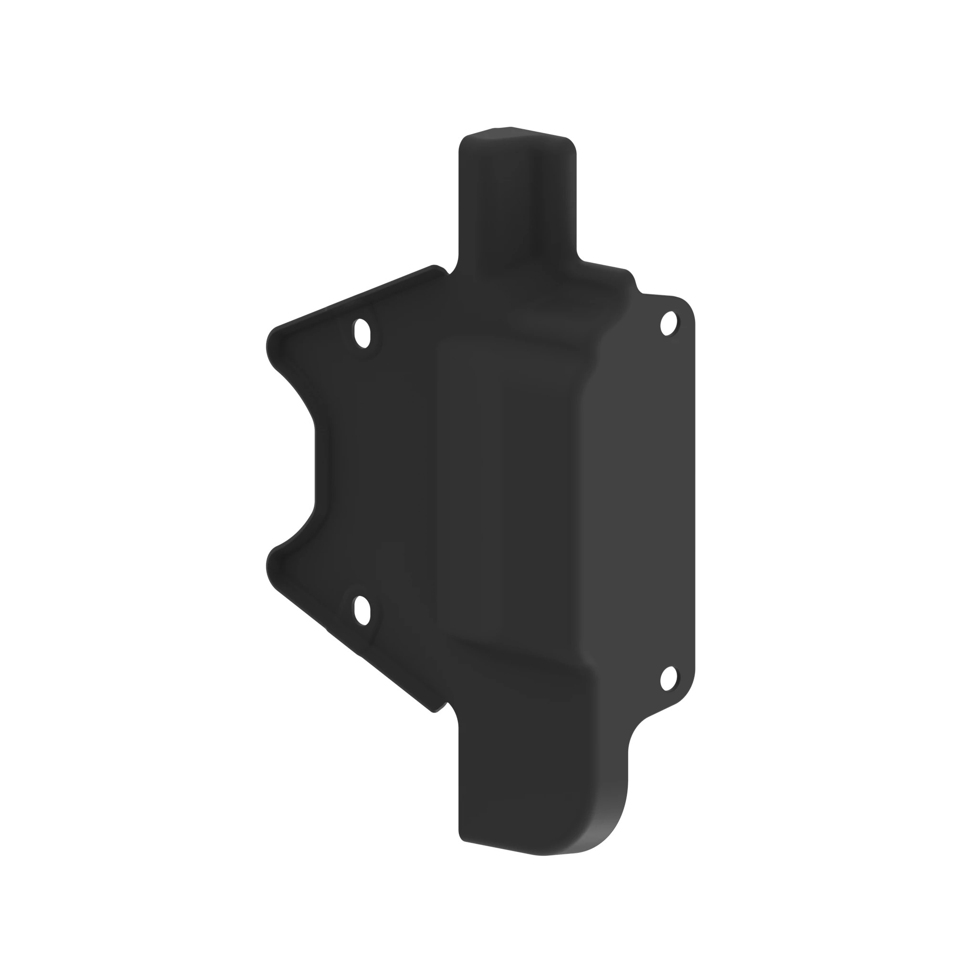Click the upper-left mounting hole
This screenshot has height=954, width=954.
coord(362,333)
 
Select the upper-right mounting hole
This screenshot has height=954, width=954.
coord(669,323)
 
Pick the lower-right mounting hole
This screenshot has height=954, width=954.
coord(668,678)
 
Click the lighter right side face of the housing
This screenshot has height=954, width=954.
coord(642,494)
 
